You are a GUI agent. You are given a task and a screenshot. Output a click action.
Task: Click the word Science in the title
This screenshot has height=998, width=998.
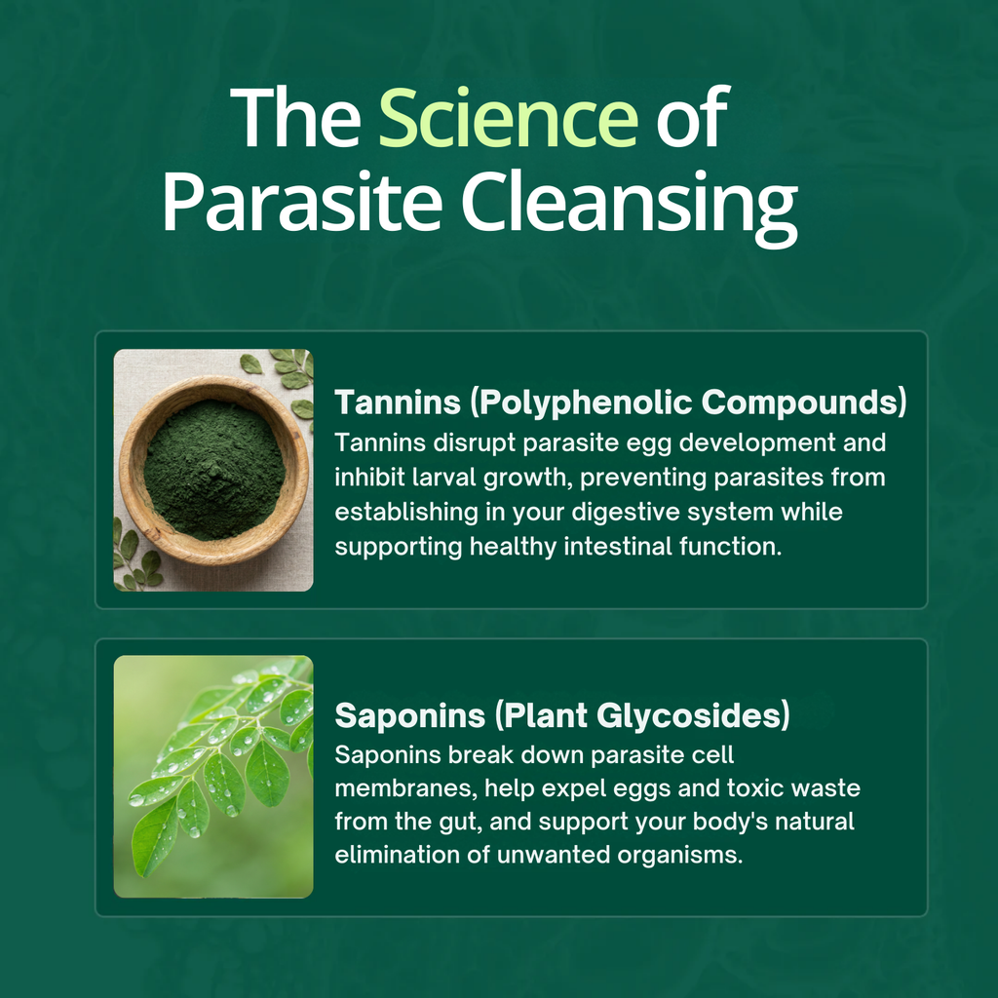(508, 118)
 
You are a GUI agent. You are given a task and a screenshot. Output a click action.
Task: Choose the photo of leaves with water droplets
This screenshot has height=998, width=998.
(213, 776)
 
